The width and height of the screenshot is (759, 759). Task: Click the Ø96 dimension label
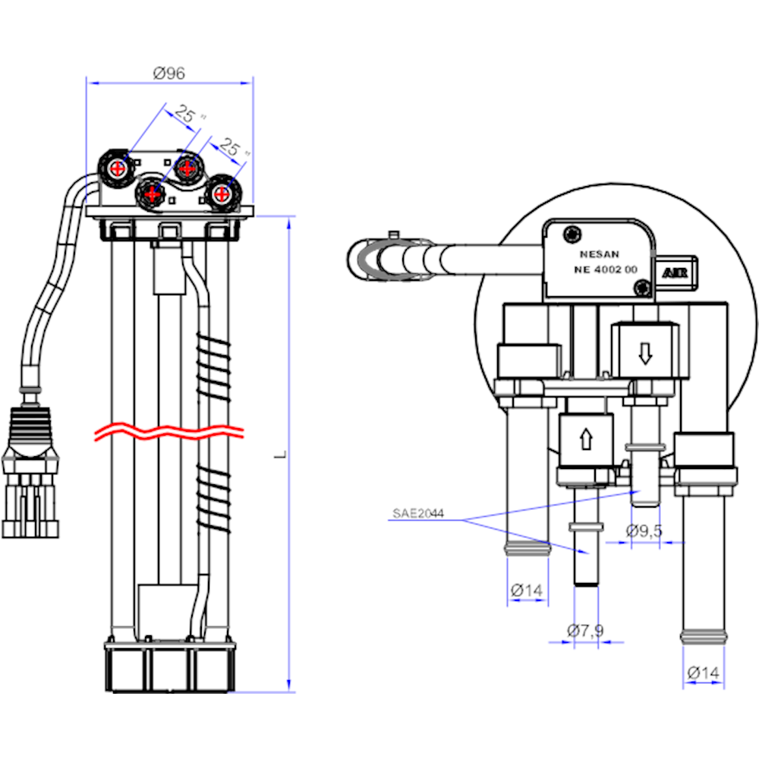coord(168,74)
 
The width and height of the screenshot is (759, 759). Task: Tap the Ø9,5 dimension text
coord(644,531)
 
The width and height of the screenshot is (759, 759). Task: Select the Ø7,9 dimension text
coord(584,629)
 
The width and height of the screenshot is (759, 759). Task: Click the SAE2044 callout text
coord(417,514)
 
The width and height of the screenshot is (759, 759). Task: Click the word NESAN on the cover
coord(598,255)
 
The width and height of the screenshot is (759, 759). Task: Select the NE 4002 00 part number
coord(605,269)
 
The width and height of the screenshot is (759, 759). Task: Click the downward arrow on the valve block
coord(644,353)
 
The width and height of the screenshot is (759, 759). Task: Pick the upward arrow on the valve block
coord(585,439)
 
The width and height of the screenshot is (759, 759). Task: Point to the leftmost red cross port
coord(118,168)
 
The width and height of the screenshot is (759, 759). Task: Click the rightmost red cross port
coord(221,193)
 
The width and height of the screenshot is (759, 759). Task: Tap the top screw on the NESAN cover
coord(571,232)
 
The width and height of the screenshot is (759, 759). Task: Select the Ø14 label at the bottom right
coord(703,672)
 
